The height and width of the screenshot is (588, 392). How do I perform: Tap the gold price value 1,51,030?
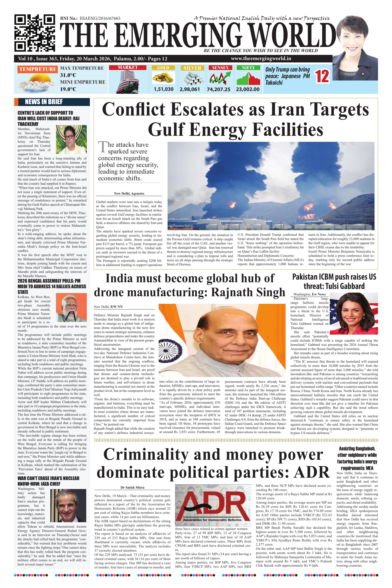(164, 89)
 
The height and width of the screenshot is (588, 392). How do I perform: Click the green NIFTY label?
(248, 68)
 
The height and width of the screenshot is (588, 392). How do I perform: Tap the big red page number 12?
(322, 76)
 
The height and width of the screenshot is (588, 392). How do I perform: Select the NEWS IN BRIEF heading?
(44, 102)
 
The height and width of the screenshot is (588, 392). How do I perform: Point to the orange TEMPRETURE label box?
(38, 69)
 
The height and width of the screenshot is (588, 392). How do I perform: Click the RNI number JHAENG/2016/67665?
(100, 18)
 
